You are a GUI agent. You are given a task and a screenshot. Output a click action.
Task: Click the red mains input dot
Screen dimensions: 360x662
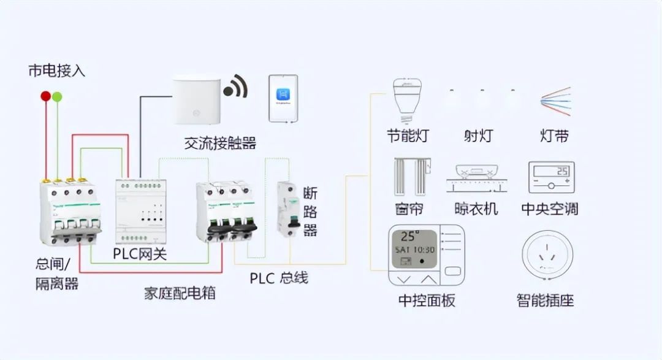click(46, 96)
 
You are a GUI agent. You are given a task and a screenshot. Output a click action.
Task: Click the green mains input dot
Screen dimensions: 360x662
click(57, 96)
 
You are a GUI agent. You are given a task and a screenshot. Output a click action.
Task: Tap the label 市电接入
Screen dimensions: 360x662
click(57, 71)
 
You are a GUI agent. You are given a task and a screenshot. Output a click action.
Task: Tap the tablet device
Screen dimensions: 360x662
click(283, 98)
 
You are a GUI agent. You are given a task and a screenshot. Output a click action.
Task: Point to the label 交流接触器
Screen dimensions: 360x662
click(220, 144)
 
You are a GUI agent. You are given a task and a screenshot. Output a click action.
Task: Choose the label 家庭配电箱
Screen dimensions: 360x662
click(180, 292)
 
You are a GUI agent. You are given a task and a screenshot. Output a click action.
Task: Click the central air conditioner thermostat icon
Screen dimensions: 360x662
click(551, 177)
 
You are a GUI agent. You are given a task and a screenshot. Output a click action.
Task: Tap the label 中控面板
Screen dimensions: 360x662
click(427, 301)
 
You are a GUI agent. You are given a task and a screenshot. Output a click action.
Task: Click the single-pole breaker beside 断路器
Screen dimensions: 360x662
click(288, 209)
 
